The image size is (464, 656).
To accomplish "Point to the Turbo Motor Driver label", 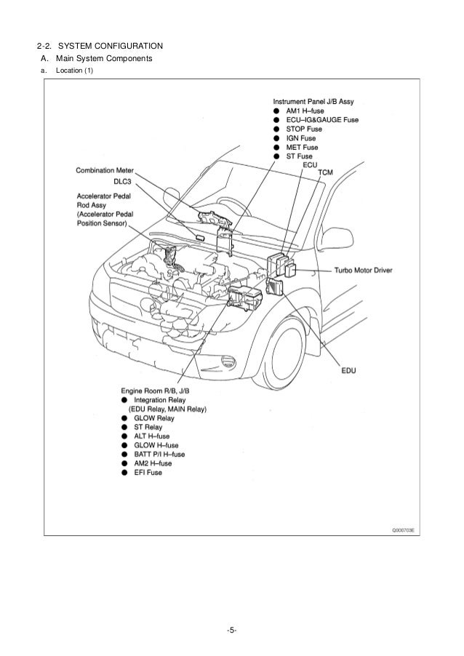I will (363, 270).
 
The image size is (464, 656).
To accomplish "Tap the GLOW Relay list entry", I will (154, 418).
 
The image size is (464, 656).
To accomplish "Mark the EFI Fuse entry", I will (148, 472).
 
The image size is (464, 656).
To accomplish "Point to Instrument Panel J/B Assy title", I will (313, 101).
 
